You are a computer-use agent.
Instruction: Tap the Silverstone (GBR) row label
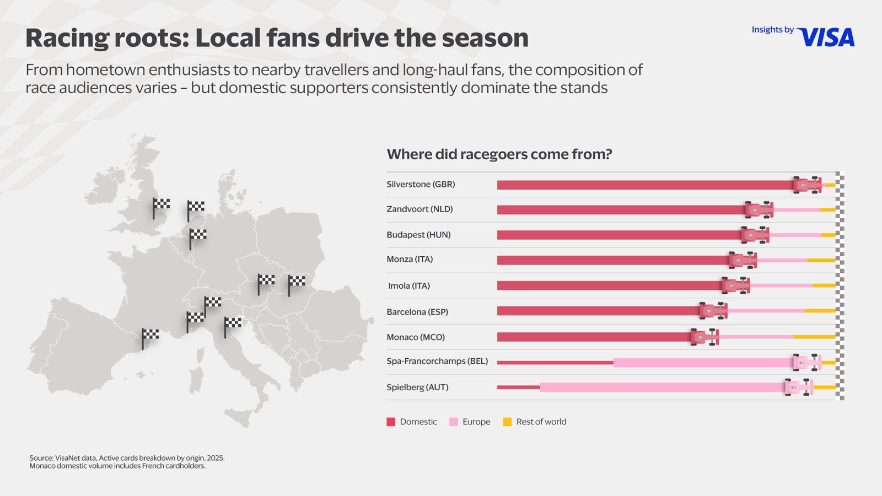coord(421,184)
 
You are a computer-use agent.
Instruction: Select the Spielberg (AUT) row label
coord(417,387)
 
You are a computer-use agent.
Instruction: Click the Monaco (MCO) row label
coord(416,337)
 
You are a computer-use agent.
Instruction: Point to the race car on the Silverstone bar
coord(807,185)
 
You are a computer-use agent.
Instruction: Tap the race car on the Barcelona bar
coord(713,311)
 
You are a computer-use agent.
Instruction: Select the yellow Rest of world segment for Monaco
coord(814,337)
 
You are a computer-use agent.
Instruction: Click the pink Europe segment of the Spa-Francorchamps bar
coord(703,363)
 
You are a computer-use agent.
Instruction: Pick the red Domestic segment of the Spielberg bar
coord(518,387)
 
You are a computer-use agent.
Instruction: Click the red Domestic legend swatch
coord(391,422)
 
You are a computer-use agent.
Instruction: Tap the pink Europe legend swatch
coord(454,422)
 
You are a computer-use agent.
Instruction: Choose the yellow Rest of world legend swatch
coord(507,422)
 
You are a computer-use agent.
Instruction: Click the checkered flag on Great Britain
coord(160,207)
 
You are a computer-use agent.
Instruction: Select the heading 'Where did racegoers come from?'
coord(499,154)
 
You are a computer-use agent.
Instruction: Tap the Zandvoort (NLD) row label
coord(420,209)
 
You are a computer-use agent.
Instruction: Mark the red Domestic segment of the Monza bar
coord(612,260)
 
